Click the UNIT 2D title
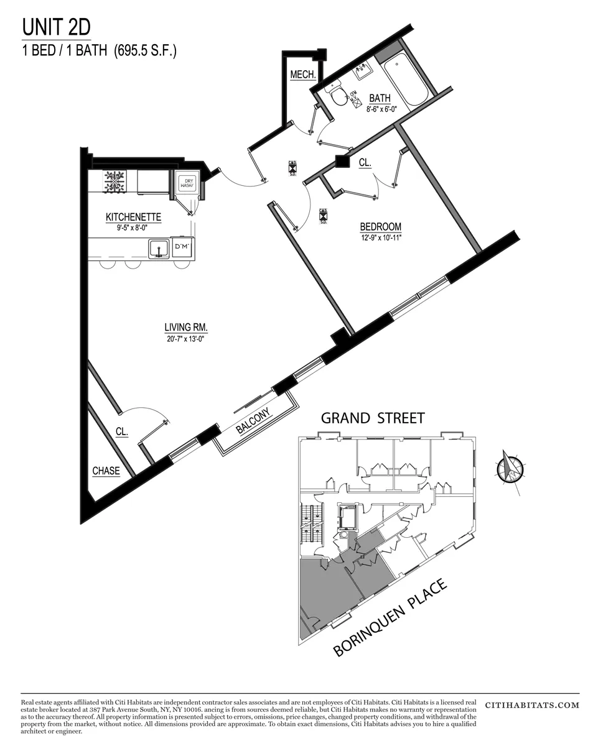57,27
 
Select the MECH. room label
303,75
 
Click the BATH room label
380,98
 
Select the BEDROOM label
380,227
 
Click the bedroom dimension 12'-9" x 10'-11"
380,237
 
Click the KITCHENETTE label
133,217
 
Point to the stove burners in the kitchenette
115,182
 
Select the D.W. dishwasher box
182,247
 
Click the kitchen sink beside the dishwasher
159,248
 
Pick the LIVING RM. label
186,327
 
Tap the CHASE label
106,471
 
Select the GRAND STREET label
372,418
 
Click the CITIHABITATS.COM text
531,706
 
